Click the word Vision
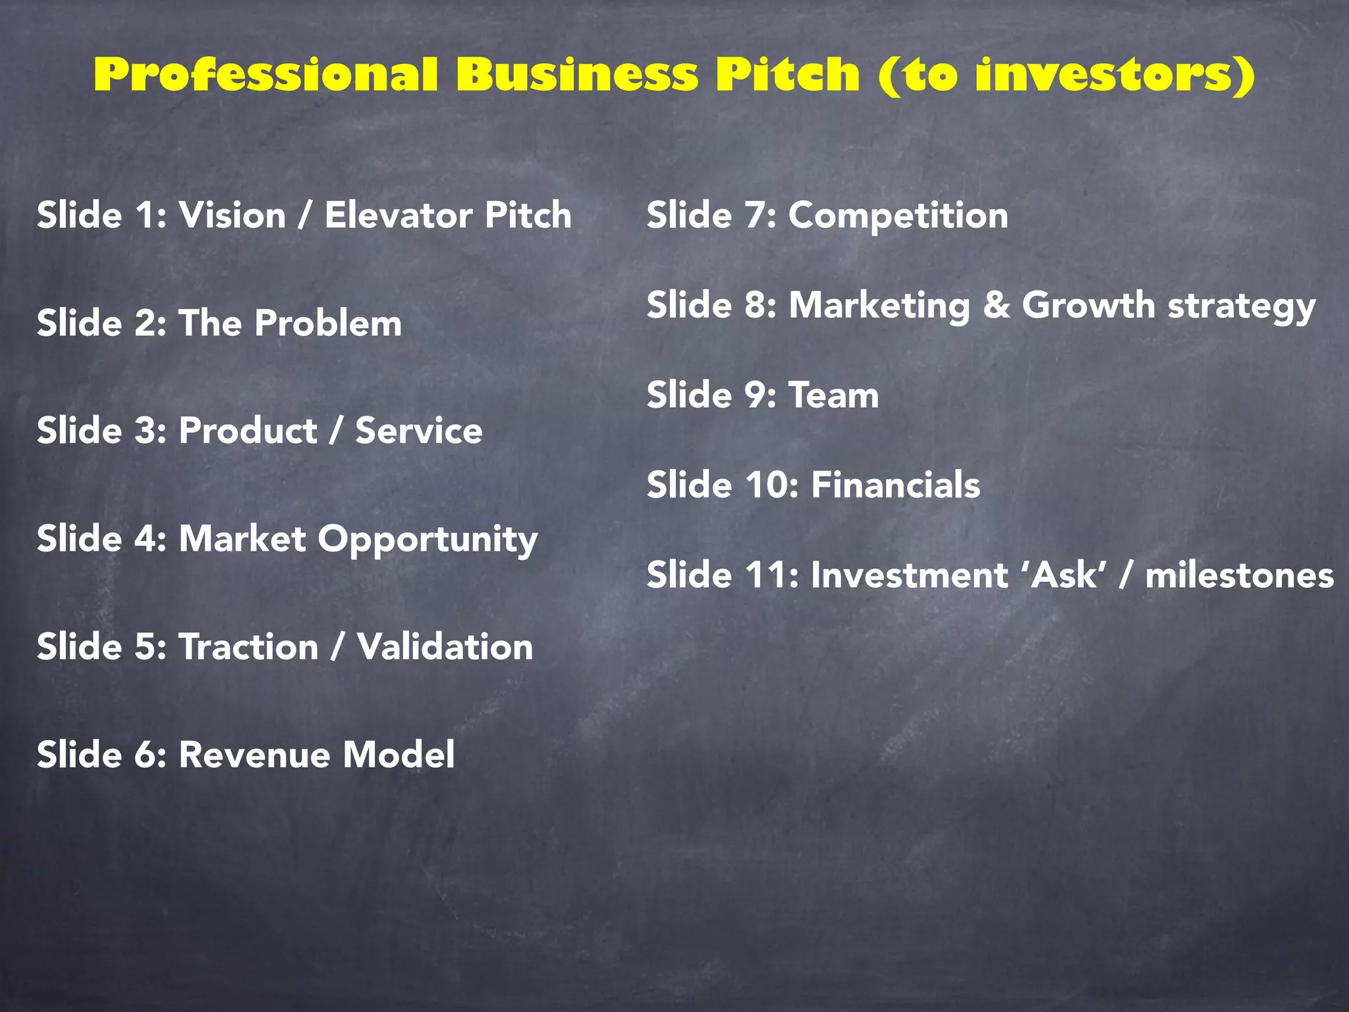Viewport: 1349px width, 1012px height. tap(233, 215)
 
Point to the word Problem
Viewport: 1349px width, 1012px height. tap(328, 323)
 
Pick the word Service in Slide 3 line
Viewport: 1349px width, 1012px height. tap(419, 431)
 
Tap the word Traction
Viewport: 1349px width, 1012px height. tap(249, 646)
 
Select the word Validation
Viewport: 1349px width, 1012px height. tap(445, 646)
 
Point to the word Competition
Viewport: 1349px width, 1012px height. tap(898, 215)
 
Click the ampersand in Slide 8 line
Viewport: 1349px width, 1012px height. tap(997, 306)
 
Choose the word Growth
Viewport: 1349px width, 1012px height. tap(1088, 306)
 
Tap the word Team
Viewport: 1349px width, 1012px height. tap(834, 395)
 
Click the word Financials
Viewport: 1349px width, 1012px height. tap(895, 485)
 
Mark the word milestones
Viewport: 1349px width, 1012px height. tap(1239, 575)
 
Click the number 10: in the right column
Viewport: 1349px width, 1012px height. tap(772, 485)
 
